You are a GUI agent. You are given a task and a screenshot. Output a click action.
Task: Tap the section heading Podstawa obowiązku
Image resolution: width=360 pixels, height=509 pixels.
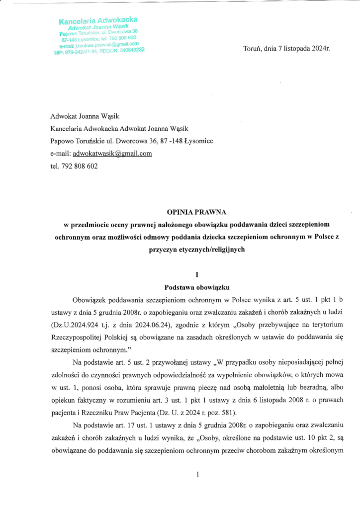[180, 287]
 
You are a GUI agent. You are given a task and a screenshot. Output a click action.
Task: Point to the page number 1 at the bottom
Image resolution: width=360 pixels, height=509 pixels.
[197, 475]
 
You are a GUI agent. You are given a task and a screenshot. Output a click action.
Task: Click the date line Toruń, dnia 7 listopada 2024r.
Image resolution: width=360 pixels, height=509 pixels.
[286, 49]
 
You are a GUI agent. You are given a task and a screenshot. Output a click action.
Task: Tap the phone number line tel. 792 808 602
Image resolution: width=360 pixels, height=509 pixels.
[74, 167]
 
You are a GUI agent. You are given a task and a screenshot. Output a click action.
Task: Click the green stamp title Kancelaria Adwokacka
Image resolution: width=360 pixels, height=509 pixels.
[98, 20]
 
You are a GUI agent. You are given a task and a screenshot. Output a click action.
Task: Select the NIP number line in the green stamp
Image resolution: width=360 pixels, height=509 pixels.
[99, 51]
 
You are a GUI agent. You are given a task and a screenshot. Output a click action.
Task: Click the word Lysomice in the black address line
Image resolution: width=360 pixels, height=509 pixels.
[198, 141]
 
